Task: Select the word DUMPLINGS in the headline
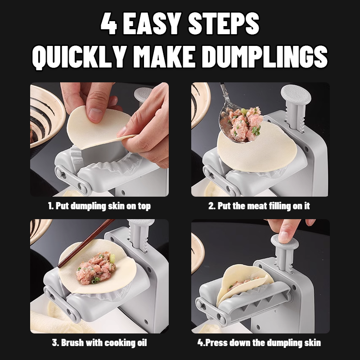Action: tap(265, 57)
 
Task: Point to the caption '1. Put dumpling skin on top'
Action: tap(99, 206)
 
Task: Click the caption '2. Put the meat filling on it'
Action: tap(259, 206)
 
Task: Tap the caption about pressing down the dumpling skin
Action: tap(259, 343)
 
